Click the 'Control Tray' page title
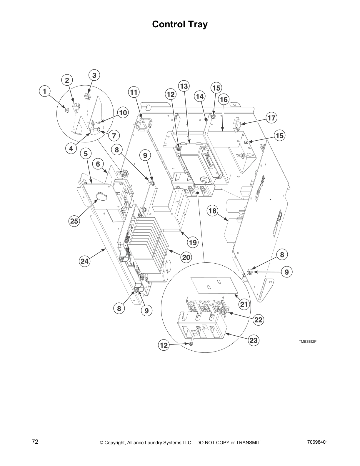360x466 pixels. (180, 24)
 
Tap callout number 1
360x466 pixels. (45, 91)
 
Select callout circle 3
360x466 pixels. (94, 75)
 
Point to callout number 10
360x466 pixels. (123, 113)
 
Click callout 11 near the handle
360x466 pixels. (134, 92)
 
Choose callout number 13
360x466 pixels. (184, 86)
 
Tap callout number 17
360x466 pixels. (271, 118)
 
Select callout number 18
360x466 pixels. (212, 211)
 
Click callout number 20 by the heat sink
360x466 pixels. (186, 257)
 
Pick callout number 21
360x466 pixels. (244, 304)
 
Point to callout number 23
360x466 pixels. (254, 340)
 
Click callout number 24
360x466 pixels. (85, 261)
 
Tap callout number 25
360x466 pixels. (74, 221)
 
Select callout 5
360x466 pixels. (86, 154)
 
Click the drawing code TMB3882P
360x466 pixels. (308, 342)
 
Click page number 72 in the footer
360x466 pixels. (35, 442)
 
